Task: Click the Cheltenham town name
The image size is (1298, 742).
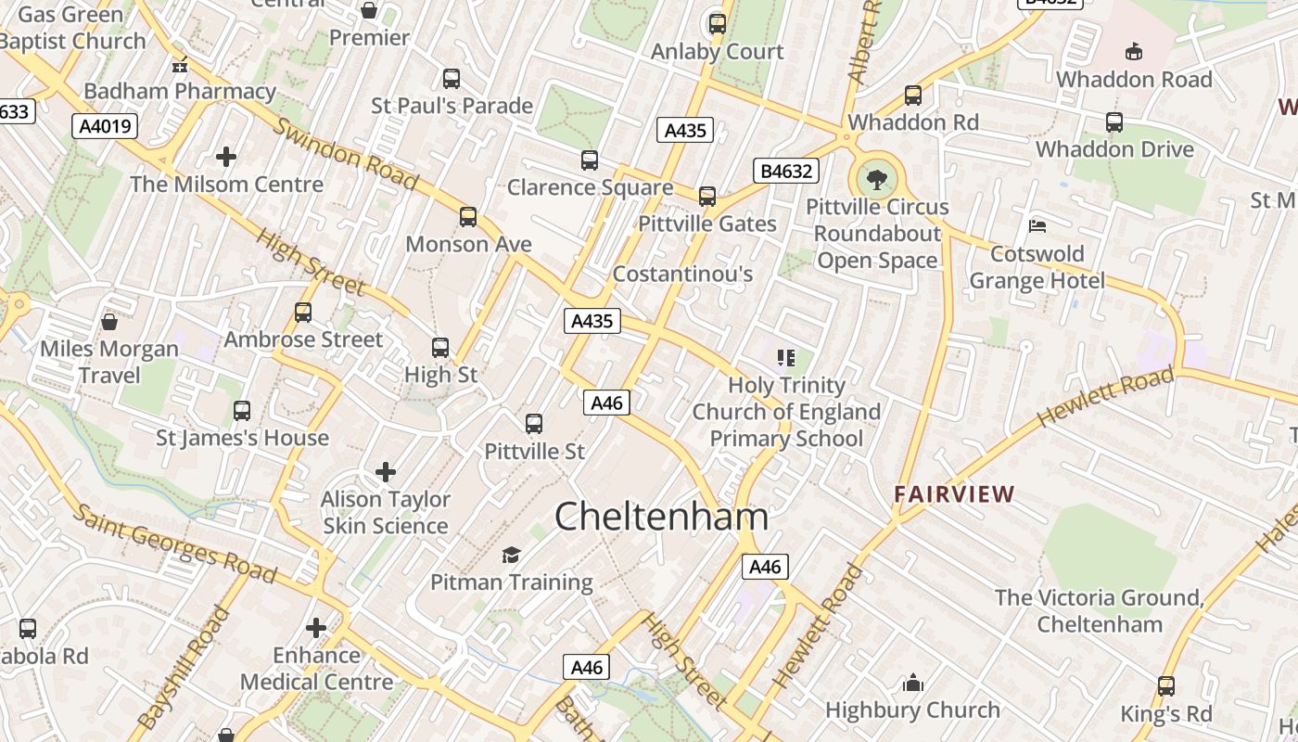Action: tap(661, 517)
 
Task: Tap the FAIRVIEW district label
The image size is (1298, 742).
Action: tap(954, 493)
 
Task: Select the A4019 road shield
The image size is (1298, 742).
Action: tap(104, 126)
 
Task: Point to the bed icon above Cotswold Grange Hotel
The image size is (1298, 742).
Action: tap(1037, 226)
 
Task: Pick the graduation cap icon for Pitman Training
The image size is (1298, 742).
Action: tap(511, 555)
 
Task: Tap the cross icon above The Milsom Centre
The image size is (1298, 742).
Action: tap(226, 156)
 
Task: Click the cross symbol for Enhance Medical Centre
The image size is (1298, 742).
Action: tap(316, 627)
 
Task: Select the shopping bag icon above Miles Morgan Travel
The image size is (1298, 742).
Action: tap(109, 321)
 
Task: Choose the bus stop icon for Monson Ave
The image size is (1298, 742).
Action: tap(468, 217)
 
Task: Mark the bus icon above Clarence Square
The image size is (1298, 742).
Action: tap(590, 160)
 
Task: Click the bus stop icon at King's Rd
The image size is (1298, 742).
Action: tap(1165, 686)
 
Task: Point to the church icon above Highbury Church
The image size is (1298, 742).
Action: tap(913, 684)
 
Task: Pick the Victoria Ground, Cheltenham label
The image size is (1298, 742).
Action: tap(1099, 610)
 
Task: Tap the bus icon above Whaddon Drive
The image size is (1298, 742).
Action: tap(1114, 122)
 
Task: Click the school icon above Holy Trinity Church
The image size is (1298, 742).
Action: tap(786, 357)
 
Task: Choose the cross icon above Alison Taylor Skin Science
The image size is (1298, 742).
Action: tap(386, 472)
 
